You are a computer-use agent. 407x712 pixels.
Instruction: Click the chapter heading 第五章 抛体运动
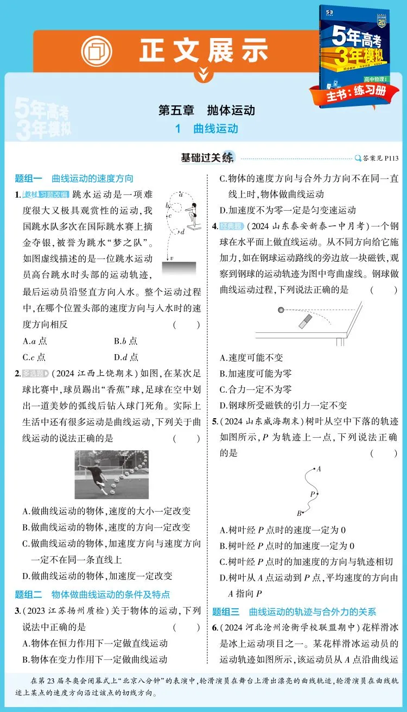coord(206,110)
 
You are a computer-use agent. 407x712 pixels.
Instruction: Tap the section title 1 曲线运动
coord(207,129)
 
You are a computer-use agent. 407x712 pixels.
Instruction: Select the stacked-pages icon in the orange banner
coord(97,51)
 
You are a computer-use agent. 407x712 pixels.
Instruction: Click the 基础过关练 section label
coord(208,158)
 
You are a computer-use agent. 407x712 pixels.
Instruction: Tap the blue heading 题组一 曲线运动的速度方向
coord(74,179)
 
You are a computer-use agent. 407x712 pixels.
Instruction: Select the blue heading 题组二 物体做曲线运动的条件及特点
coord(92,594)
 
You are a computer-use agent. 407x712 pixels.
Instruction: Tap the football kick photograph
coord(111,474)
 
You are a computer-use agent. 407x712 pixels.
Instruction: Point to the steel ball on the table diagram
coord(281,310)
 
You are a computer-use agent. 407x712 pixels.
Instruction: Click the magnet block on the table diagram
coord(304,321)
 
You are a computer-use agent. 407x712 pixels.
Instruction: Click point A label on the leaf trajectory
coord(319,468)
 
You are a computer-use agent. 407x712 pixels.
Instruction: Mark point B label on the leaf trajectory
coord(299,513)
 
